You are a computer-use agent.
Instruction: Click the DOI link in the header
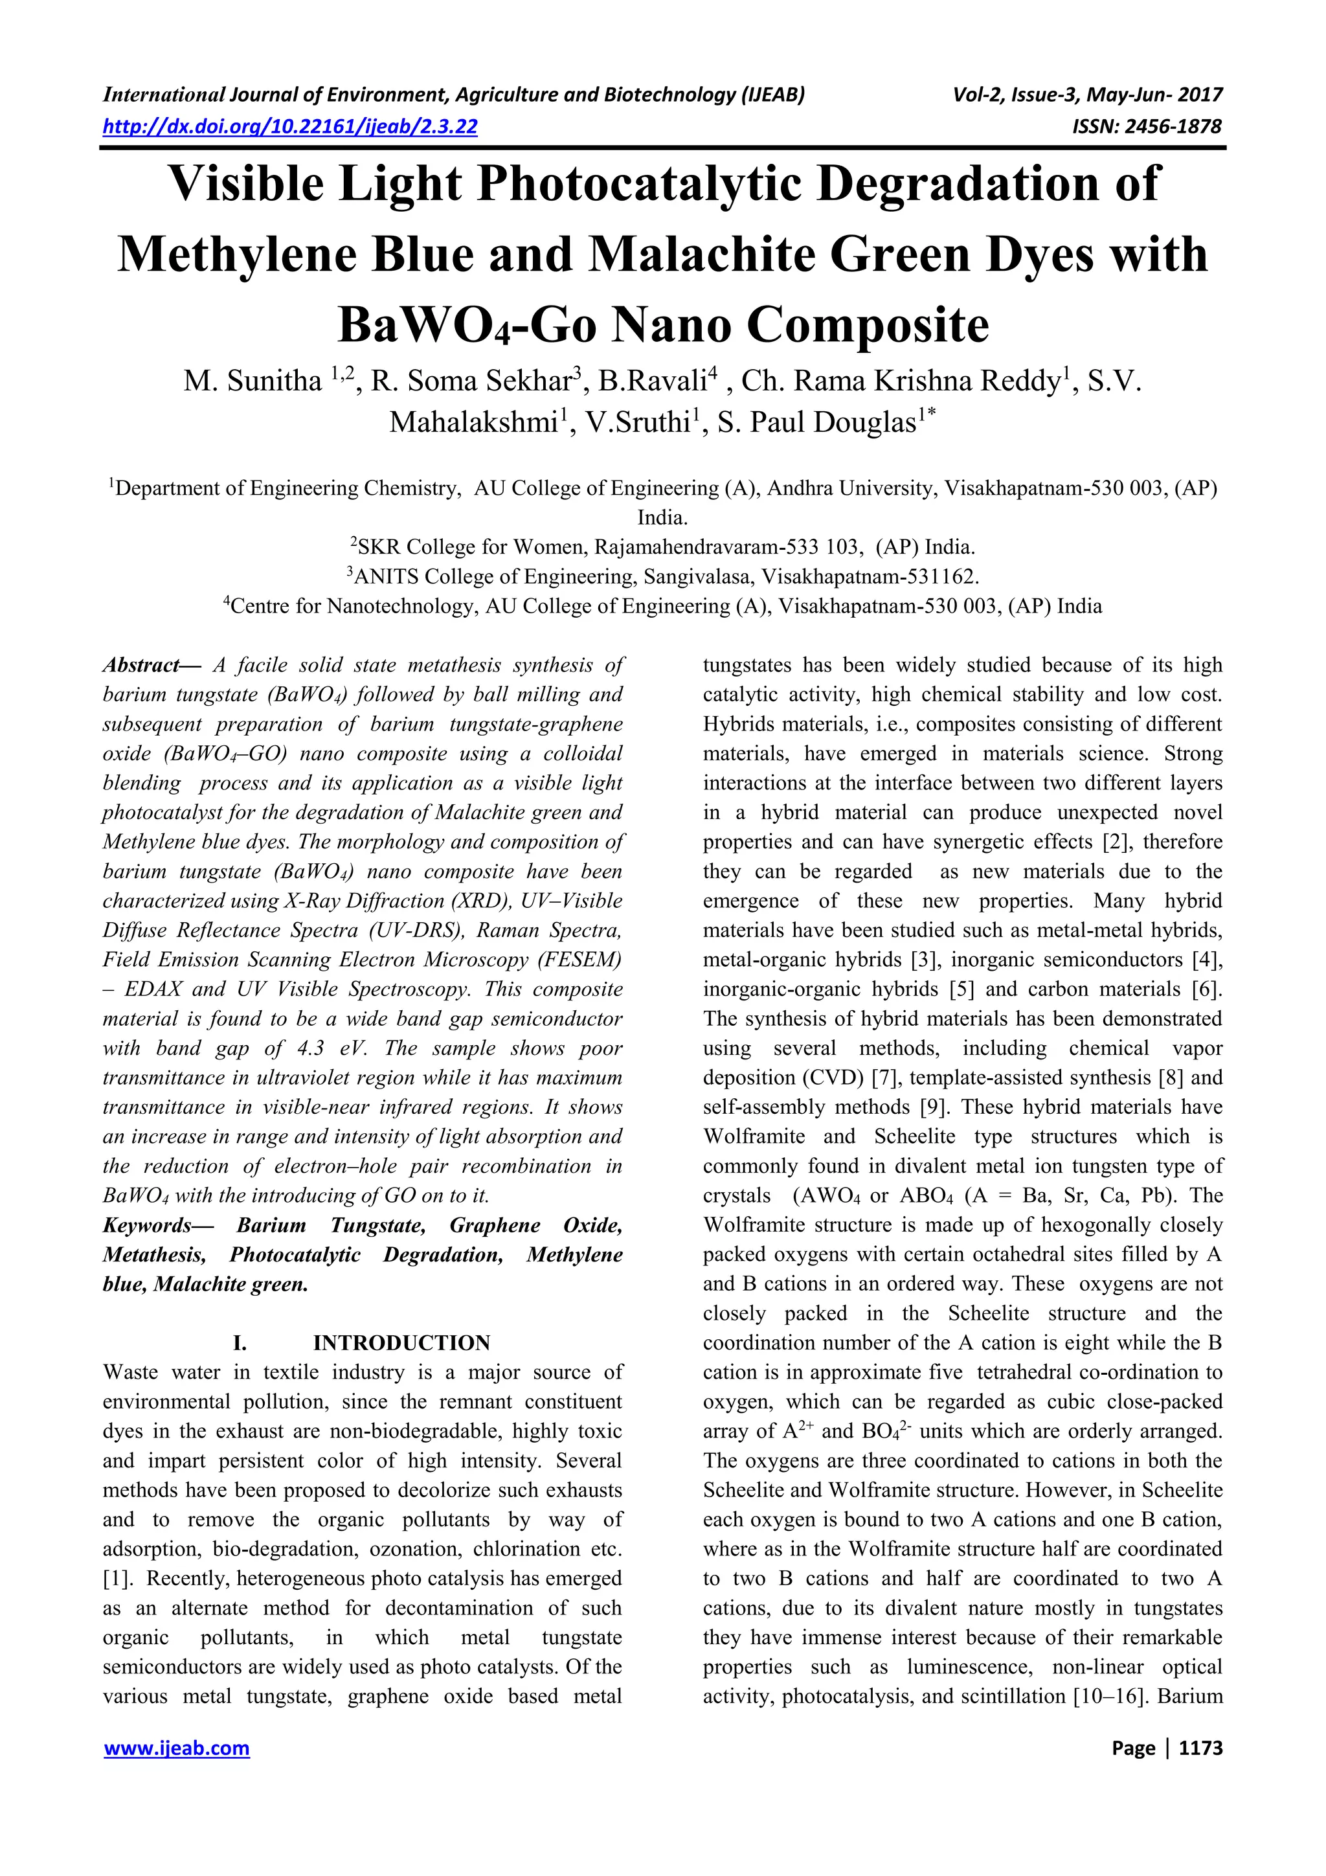point(290,127)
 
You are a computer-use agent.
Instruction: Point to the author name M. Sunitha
point(253,381)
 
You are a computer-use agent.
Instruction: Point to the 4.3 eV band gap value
point(337,1048)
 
